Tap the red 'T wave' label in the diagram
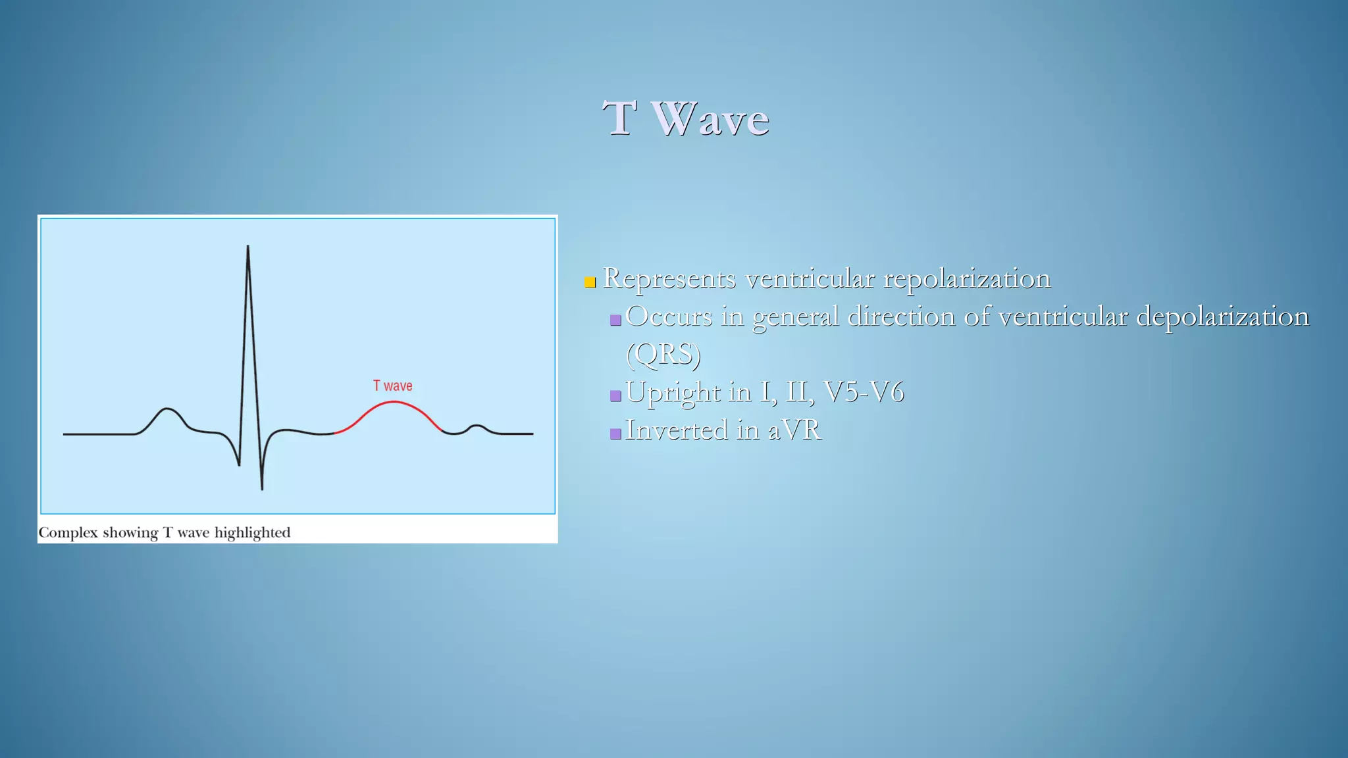point(392,386)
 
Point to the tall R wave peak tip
point(247,247)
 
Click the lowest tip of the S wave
point(262,488)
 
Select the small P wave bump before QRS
point(168,410)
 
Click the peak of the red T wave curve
point(393,402)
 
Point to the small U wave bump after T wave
point(477,426)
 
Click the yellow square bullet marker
point(590,283)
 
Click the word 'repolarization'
point(966,279)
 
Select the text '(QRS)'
point(663,355)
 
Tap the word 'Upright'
point(673,393)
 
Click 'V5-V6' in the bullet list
point(864,392)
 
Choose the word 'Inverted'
point(677,430)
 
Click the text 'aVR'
point(794,430)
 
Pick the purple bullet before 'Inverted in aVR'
point(615,434)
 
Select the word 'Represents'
point(669,279)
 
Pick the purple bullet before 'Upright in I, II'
point(615,396)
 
